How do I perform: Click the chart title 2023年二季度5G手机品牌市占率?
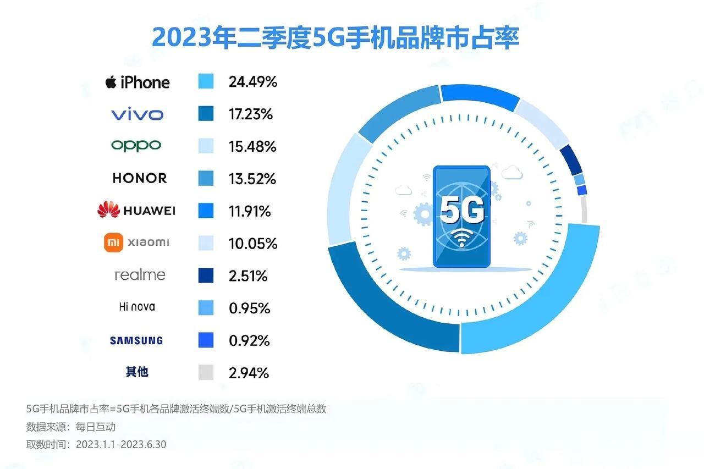click(x=335, y=38)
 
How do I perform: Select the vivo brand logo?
click(x=137, y=114)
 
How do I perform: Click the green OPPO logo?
click(x=136, y=146)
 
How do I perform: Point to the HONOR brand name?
click(x=139, y=178)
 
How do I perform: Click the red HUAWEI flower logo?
click(x=108, y=209)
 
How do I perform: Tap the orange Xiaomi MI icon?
click(x=112, y=242)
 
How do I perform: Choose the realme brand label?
click(x=140, y=274)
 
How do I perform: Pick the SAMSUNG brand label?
click(x=136, y=340)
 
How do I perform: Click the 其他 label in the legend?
click(x=137, y=372)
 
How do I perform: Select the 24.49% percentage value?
click(x=252, y=82)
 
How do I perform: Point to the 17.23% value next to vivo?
click(x=250, y=114)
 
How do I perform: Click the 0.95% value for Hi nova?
click(x=249, y=308)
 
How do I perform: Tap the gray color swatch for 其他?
click(x=206, y=373)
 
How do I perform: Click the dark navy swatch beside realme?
click(x=206, y=275)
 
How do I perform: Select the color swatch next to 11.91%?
click(x=206, y=211)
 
